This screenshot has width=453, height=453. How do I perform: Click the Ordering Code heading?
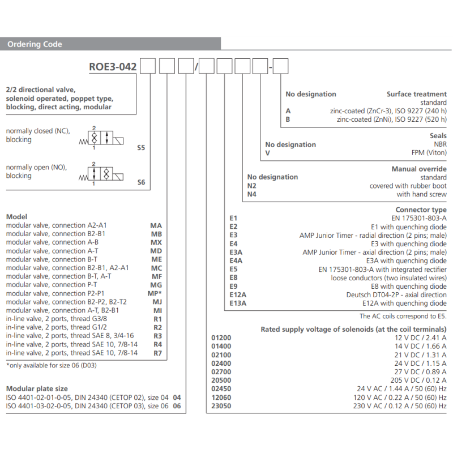pos(35,44)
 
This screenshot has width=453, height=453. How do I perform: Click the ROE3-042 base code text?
pos(113,67)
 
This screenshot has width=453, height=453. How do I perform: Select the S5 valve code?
pos(141,148)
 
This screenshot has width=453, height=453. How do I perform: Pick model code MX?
pos(156,242)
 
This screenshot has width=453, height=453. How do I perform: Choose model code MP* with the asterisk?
pos(156,293)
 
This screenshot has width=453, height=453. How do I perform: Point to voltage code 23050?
pos(221,405)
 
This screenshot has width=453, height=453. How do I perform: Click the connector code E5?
pos(233,269)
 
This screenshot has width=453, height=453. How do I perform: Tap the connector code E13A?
pos(237,303)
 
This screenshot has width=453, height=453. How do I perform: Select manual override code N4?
pos(252,194)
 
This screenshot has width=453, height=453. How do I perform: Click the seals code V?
pos(268,153)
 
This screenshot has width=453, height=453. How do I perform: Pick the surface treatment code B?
pos(288,119)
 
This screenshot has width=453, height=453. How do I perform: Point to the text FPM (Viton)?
pos(426,153)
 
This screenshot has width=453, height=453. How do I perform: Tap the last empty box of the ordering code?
pos(281,67)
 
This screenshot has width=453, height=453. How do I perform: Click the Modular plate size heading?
pos(37,388)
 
